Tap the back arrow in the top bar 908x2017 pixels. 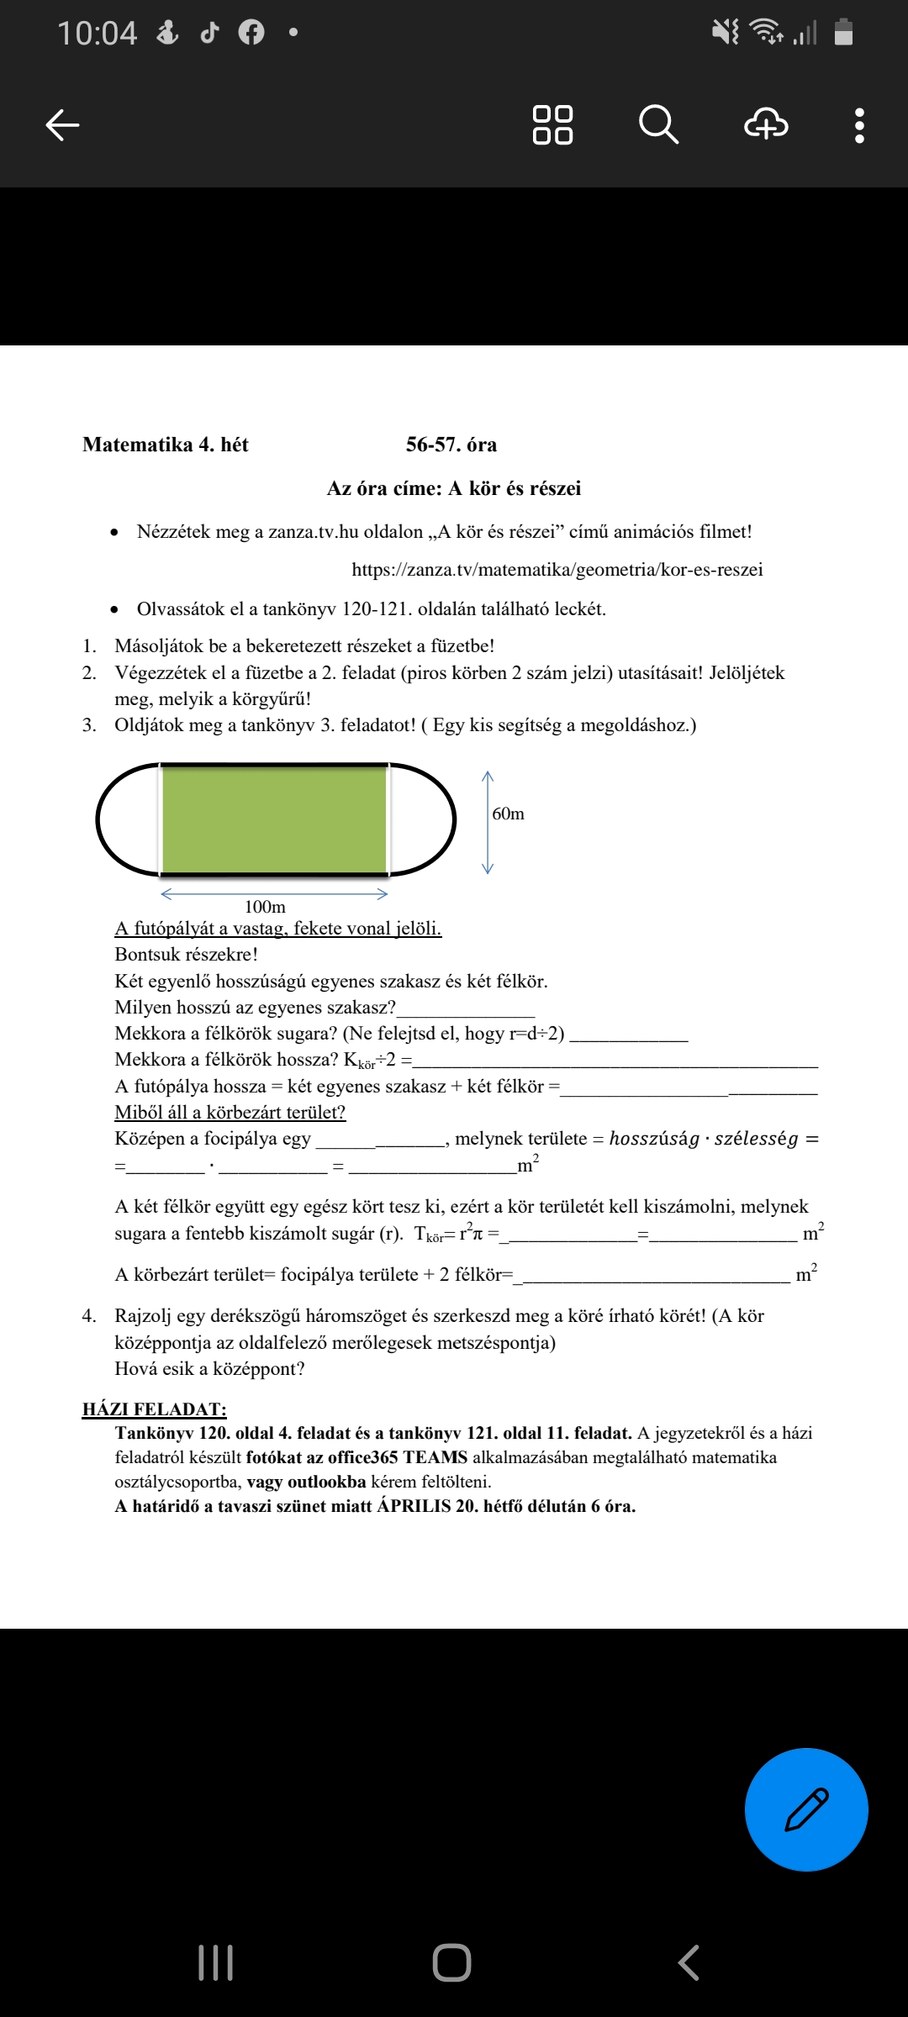click(x=62, y=125)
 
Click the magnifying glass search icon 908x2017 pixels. click(x=658, y=125)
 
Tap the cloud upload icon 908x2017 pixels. click(x=766, y=125)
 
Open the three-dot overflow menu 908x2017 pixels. click(x=858, y=125)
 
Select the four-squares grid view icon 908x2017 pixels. click(x=552, y=125)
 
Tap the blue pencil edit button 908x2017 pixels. click(x=806, y=1809)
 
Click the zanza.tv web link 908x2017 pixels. click(x=557, y=570)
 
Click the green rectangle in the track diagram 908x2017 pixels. click(x=274, y=819)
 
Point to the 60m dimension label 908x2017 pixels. click(x=508, y=814)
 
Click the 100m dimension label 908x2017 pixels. click(x=265, y=907)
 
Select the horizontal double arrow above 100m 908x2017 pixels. click(x=274, y=893)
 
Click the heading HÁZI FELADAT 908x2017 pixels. click(x=154, y=1409)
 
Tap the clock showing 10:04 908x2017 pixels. click(x=97, y=34)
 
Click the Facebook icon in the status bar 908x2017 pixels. click(x=251, y=33)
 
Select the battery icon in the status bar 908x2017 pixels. click(x=843, y=33)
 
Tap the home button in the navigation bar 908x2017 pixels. click(x=451, y=1962)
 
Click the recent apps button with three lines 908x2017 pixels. click(x=215, y=1962)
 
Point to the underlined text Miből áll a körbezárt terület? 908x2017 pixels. click(x=230, y=1113)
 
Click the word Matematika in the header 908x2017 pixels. click(x=137, y=445)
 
